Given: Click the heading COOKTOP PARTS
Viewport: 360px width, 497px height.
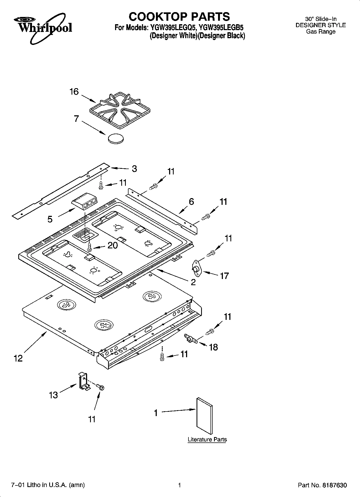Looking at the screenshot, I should click(179, 16).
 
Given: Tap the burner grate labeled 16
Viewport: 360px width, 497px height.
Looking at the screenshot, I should click(120, 110).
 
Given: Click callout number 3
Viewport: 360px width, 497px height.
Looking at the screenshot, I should click(134, 169).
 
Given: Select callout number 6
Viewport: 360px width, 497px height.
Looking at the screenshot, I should click(191, 202).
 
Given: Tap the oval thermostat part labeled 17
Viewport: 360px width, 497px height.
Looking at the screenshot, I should click(197, 267).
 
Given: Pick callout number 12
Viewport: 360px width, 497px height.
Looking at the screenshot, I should click(18, 358).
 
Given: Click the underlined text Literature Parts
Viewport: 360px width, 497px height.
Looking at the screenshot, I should click(207, 439).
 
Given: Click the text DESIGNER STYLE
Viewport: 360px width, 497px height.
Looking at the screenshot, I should click(320, 25).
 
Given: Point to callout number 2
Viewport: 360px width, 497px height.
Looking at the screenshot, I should click(193, 282).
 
